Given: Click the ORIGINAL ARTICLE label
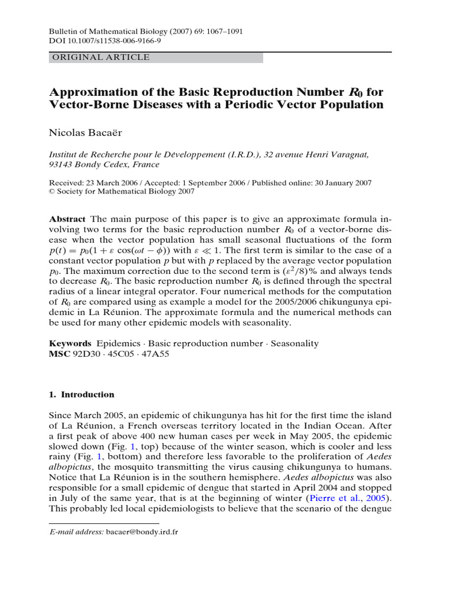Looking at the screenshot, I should point(101,58).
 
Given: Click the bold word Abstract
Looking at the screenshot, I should point(67,218).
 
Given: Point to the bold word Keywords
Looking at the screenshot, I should point(70,343).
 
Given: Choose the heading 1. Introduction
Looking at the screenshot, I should point(82,394).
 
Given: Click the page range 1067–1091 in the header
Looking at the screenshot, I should point(222,31).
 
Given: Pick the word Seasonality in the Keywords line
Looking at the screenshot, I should point(294,343).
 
